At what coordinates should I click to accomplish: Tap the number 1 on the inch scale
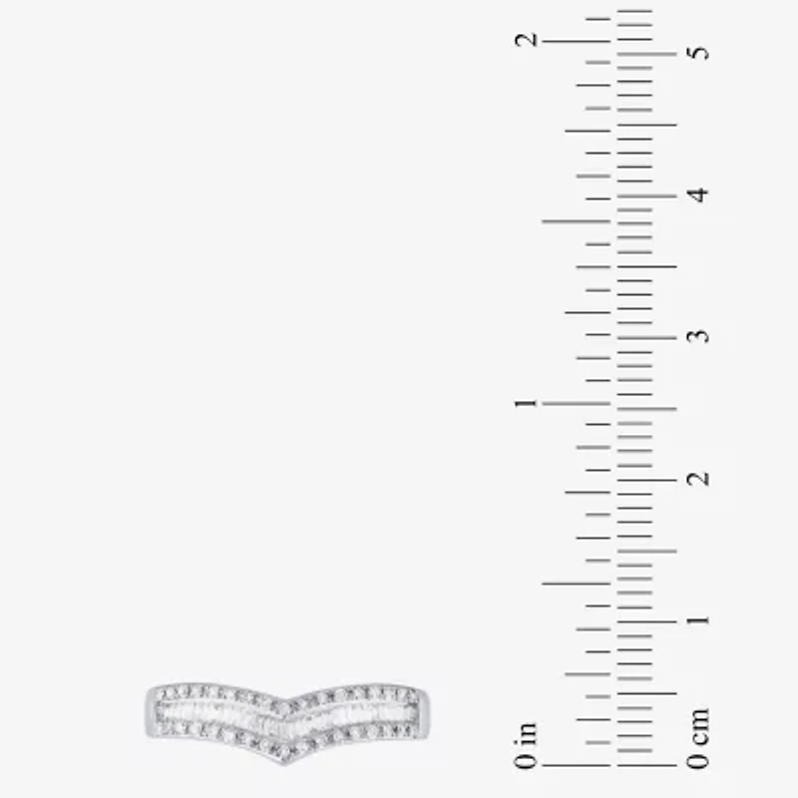click(x=526, y=403)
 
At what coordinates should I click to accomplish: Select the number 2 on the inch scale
click(x=526, y=40)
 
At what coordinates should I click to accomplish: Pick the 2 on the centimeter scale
click(x=700, y=479)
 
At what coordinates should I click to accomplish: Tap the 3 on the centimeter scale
click(x=700, y=336)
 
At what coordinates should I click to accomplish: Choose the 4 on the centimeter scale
click(x=700, y=195)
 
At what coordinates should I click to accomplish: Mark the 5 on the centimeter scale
click(x=700, y=50)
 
